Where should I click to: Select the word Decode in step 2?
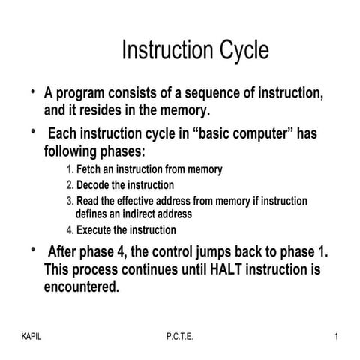coord(94,184)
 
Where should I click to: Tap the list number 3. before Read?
coord(70,201)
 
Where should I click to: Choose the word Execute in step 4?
coord(96,229)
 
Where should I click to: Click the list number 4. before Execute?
coord(70,229)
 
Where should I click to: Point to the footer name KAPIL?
coord(31,336)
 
